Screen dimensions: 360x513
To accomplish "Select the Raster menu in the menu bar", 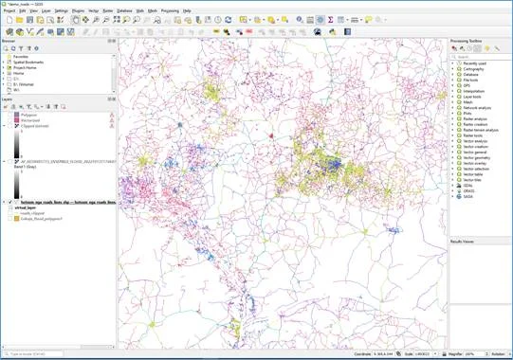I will click(x=107, y=10).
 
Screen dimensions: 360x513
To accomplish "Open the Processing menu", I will click(x=170, y=10).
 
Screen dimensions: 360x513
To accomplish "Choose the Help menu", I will click(x=187, y=10).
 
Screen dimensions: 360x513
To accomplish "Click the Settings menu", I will click(x=61, y=10).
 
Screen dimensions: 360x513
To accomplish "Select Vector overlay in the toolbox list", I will click(x=473, y=162).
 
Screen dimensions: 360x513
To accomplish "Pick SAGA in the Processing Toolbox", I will click(x=467, y=194).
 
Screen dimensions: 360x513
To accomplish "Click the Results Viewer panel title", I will click(x=463, y=242).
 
